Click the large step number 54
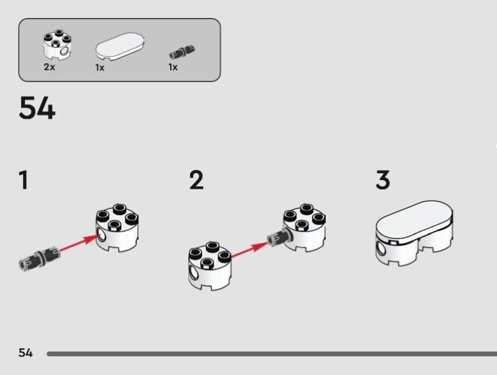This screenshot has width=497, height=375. tap(37, 109)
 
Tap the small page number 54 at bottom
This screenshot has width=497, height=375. tap(25, 353)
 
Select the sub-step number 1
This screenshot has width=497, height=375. tap(23, 181)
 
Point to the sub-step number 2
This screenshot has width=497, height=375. tap(196, 181)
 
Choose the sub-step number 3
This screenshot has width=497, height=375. tap(383, 181)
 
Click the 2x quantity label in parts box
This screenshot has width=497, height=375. tap(49, 67)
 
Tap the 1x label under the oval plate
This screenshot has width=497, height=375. tap(99, 67)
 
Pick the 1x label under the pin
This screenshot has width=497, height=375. tap(173, 67)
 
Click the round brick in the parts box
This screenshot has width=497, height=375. tap(56, 45)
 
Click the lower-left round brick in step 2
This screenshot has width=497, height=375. tap(209, 266)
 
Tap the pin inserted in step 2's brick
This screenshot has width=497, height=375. tap(276, 237)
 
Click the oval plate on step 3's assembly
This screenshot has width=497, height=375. tap(414, 219)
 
